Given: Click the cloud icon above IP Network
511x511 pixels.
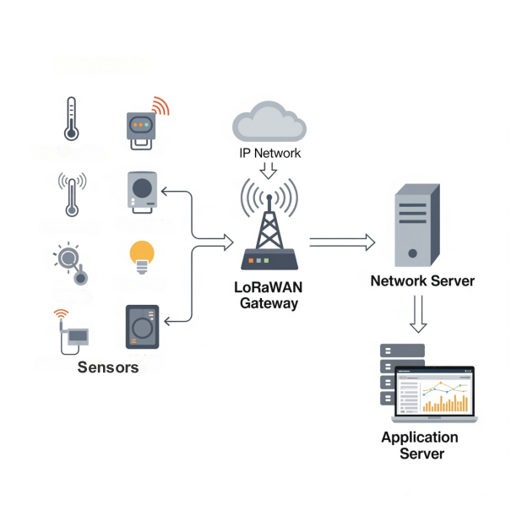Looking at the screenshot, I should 269,123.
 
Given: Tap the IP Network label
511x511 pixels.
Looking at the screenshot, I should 269,154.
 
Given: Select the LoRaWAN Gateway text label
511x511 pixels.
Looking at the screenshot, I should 268,295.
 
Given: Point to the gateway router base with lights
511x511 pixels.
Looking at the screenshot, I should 269,260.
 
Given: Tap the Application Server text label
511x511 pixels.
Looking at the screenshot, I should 420,445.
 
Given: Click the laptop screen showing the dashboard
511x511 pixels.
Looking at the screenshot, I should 434,392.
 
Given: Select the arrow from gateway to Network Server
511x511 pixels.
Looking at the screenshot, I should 341,243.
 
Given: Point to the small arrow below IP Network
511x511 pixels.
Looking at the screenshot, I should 269,171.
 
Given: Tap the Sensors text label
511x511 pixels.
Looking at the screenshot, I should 108,367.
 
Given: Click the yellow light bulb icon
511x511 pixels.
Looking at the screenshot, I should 142,256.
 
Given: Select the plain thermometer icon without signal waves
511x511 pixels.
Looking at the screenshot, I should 71,121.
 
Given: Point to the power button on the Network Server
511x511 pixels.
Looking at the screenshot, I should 412,253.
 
